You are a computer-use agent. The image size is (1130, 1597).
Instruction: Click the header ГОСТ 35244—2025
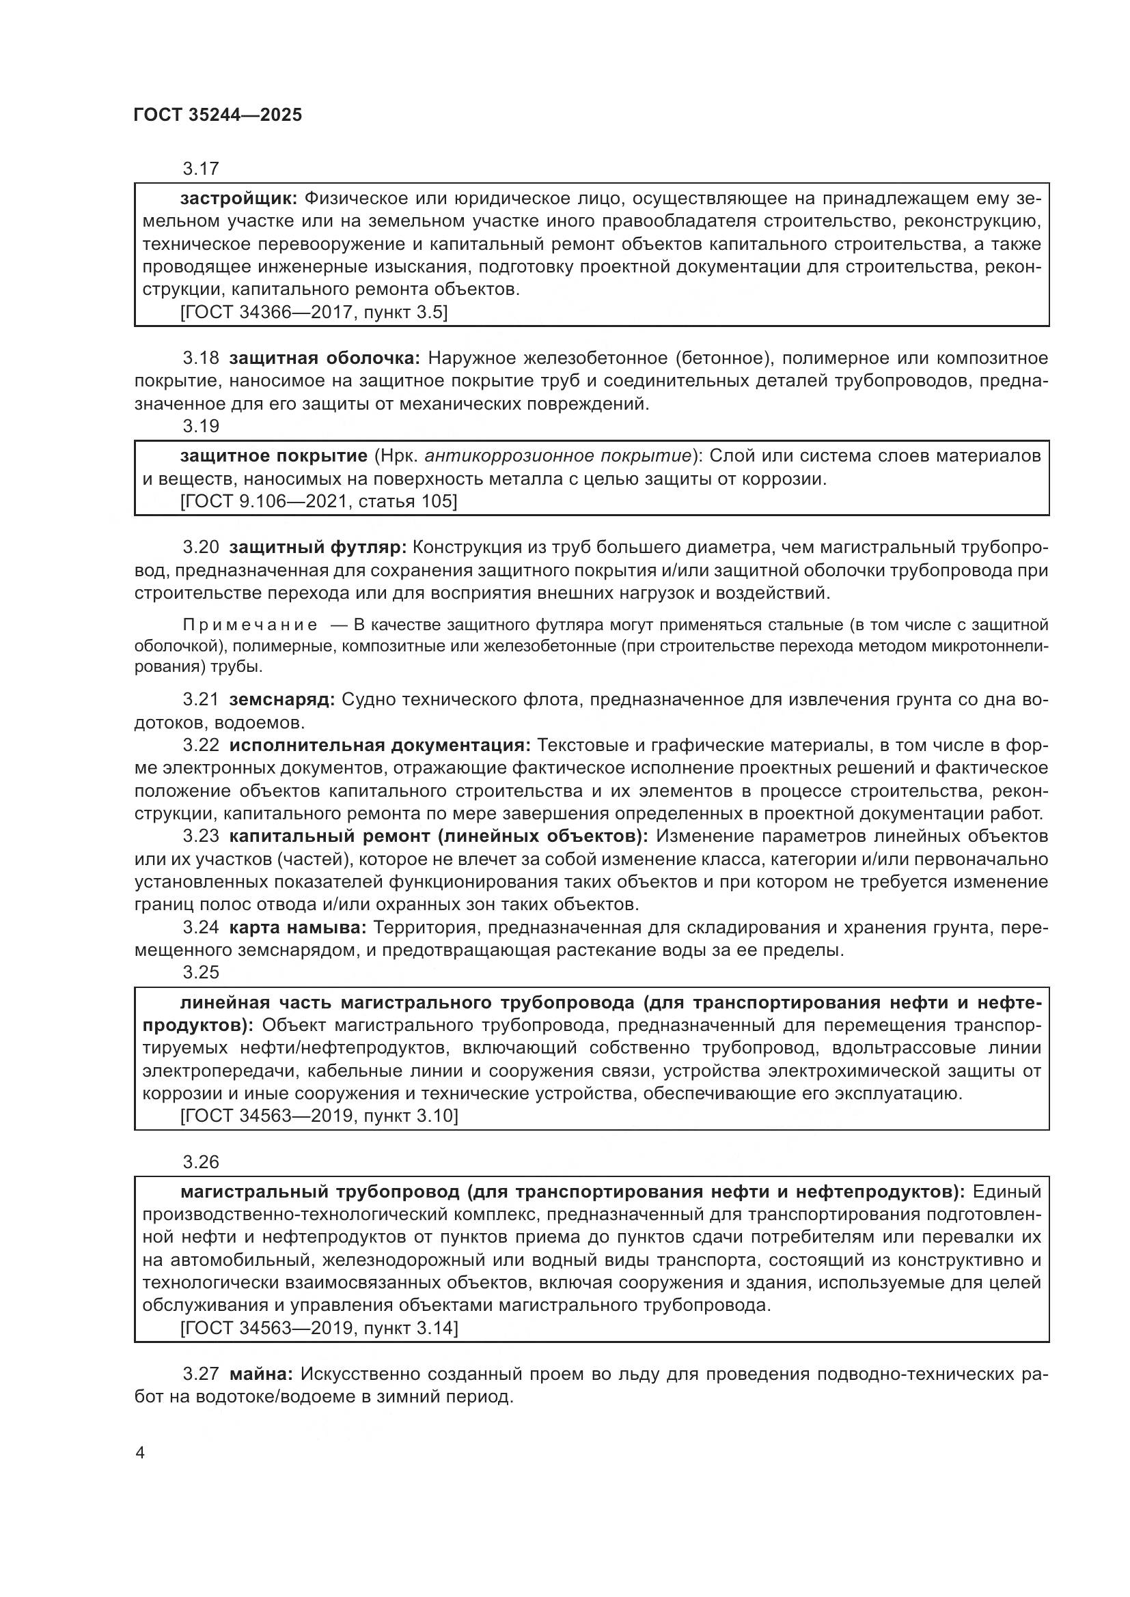pos(218,115)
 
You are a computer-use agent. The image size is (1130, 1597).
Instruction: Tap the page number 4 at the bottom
pos(141,1452)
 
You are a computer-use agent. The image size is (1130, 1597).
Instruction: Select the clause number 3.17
pos(200,169)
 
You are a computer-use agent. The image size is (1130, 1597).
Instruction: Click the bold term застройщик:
pos(238,199)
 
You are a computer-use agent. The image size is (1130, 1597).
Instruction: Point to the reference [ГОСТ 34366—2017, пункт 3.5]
pos(313,312)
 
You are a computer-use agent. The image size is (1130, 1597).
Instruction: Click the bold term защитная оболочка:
pos(325,358)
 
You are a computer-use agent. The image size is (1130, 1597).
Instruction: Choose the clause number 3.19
pos(200,425)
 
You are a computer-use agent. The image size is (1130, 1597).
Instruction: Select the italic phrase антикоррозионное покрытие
pos(558,456)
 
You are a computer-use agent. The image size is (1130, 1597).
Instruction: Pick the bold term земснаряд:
pos(281,699)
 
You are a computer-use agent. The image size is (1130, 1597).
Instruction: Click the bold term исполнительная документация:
pos(379,746)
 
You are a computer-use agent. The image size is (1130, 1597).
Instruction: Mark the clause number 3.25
pos(200,972)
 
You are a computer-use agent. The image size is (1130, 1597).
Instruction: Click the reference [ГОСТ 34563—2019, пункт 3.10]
pos(318,1116)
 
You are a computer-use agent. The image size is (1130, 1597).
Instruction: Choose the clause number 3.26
pos(200,1162)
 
